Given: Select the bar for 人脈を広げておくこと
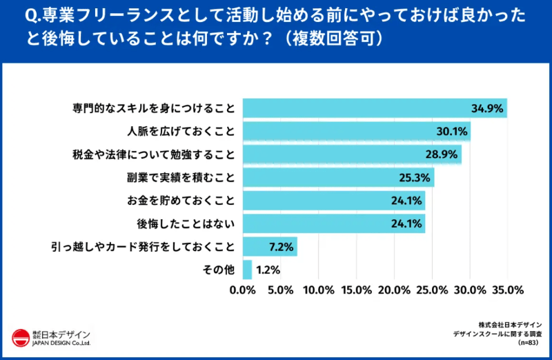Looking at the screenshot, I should [355, 132].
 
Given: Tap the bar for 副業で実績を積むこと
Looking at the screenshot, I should [338, 178].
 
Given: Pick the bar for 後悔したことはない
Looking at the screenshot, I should [333, 223].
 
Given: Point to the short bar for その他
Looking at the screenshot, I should [247, 269].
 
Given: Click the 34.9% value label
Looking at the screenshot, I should [487, 109].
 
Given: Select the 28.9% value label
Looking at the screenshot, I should [442, 154].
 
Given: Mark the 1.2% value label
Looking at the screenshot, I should [266, 269].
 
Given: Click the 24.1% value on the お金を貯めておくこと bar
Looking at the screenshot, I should [406, 201].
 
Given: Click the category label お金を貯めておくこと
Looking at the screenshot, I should [181, 201].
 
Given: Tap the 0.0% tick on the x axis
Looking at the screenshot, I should [243, 290].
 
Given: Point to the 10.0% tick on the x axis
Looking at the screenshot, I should [318, 290].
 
